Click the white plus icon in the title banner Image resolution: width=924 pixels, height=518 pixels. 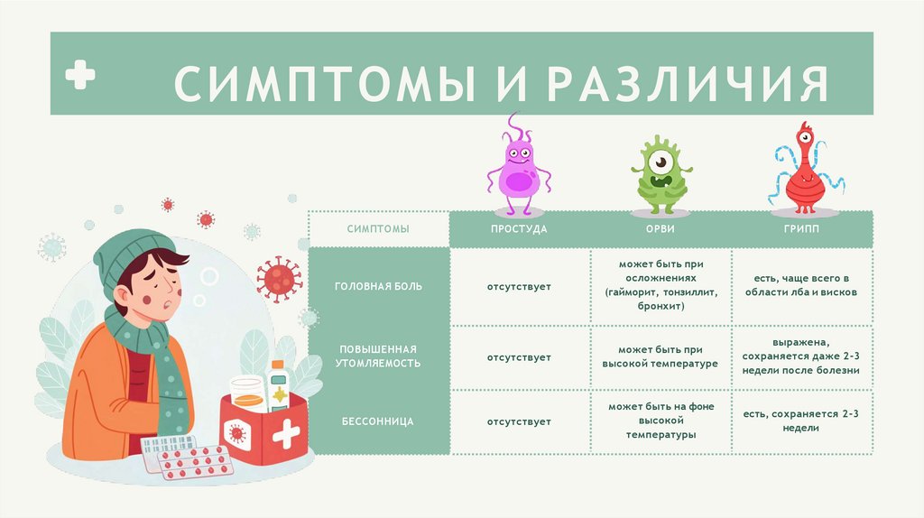[x=80, y=76]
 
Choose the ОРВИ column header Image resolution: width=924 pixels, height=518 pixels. [x=661, y=229]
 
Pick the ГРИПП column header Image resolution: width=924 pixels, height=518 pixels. [x=801, y=229]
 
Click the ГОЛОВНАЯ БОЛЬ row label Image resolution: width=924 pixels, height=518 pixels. [x=378, y=286]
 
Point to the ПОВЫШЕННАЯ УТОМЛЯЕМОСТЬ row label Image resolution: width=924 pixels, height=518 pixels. [x=378, y=356]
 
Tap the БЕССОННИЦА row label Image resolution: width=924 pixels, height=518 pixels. [x=378, y=421]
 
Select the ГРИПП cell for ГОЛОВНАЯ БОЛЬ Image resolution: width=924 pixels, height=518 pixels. [x=801, y=285]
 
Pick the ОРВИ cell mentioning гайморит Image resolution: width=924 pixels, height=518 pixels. [x=661, y=285]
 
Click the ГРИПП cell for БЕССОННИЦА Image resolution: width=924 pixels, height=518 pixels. [x=801, y=421]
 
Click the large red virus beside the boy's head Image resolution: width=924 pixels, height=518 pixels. [x=280, y=278]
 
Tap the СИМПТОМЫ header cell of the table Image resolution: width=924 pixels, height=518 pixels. [x=378, y=229]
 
